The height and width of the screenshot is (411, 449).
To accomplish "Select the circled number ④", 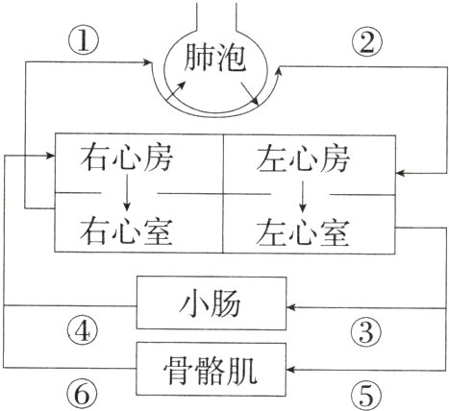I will click(x=87, y=332).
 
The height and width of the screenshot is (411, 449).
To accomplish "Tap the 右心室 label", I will click(x=127, y=230).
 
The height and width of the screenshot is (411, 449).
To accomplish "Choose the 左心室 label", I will click(x=302, y=230).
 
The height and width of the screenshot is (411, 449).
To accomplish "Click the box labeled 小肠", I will click(x=212, y=306).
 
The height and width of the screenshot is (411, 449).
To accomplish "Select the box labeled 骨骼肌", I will click(x=212, y=366).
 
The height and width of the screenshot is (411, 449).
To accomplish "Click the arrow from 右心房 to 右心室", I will click(x=127, y=195).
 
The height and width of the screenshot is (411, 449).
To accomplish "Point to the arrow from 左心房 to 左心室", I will click(x=302, y=195).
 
